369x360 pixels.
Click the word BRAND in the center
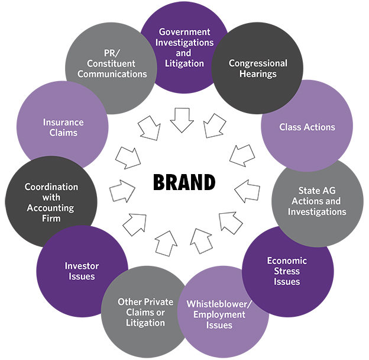click(x=184, y=182)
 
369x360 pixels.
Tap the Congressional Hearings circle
click(x=258, y=69)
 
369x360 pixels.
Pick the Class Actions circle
click(x=307, y=127)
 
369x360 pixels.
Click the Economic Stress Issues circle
click(x=287, y=271)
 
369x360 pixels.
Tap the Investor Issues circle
click(x=82, y=271)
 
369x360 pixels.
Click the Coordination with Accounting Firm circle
click(x=51, y=202)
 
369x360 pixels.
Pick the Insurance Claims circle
click(x=63, y=127)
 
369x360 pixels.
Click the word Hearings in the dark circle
click(x=258, y=75)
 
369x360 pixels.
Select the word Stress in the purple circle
click(x=287, y=271)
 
